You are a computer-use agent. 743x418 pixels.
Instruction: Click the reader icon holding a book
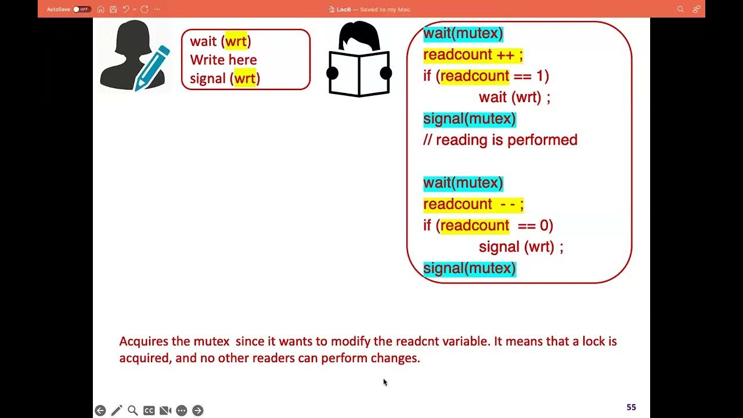[359, 60]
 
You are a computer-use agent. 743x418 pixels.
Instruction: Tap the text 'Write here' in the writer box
[223, 60]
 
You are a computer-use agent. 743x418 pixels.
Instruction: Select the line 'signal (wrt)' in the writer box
[225, 78]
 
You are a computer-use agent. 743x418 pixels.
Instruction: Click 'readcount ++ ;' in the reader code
[473, 55]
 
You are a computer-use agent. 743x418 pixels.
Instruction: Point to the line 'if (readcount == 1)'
[486, 76]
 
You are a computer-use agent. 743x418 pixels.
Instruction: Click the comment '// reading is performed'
[500, 140]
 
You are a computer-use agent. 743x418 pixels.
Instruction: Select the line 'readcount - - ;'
[473, 204]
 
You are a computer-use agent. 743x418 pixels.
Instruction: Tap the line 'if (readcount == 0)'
[488, 225]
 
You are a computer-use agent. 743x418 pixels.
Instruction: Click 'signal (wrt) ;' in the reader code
[521, 247]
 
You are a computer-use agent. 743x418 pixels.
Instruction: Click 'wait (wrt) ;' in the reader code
[514, 98]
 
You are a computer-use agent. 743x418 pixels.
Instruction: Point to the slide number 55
[631, 408]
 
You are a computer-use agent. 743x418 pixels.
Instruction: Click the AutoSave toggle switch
[82, 9]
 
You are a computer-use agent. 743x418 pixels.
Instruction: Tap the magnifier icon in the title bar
[680, 9]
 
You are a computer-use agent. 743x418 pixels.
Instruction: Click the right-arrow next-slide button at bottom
[197, 410]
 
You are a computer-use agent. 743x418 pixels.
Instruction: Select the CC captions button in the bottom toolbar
[149, 410]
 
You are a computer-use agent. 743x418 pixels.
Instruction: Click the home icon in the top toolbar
[101, 9]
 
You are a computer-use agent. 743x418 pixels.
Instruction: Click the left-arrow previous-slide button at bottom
[100, 410]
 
